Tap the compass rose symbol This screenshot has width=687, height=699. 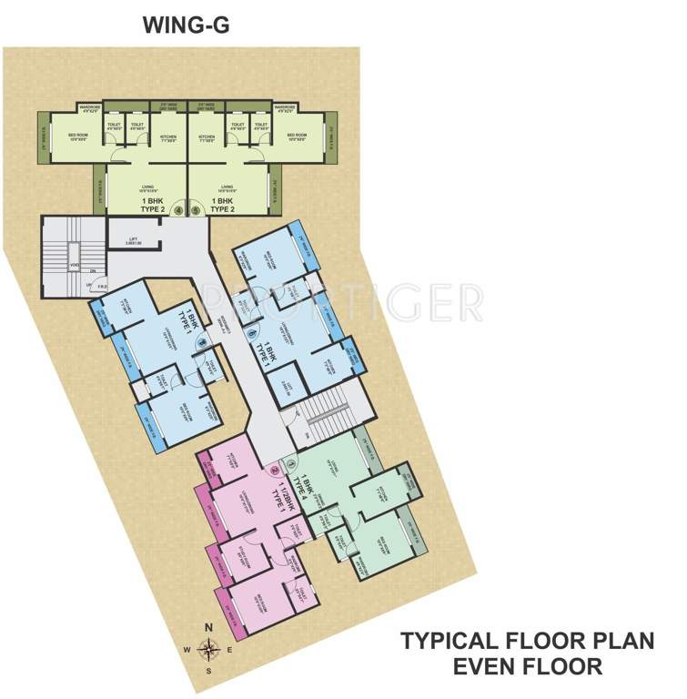[208, 649]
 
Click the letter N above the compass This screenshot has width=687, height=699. [208, 628]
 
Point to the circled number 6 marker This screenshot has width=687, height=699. [251, 333]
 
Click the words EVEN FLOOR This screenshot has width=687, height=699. [527, 666]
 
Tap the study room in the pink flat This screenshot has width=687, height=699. [246, 554]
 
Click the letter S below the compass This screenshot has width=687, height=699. [208, 671]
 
